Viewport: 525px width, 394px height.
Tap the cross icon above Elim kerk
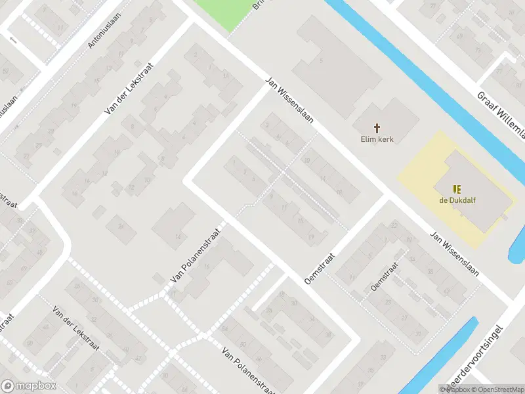point(377,127)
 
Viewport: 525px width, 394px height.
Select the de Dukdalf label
point(457,200)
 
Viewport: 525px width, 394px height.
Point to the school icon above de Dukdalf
point(457,188)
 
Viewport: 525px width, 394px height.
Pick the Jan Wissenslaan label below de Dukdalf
point(454,253)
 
